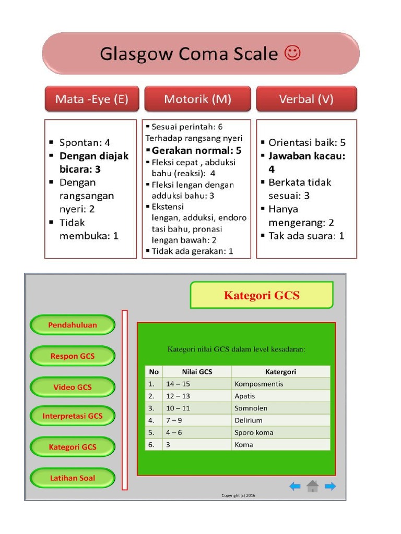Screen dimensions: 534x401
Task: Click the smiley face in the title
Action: coord(292,53)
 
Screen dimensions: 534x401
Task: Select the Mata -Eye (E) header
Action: coord(92,99)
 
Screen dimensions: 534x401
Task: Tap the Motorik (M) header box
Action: coord(197,99)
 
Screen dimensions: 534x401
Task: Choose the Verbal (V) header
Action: coord(306,99)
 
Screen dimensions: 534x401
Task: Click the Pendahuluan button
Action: coord(73,325)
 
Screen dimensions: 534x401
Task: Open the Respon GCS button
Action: coord(73,356)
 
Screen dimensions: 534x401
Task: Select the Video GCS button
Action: coord(73,387)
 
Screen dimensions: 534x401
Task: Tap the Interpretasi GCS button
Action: coord(73,416)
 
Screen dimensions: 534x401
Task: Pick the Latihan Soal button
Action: coord(73,478)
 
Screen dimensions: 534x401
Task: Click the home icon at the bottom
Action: coord(312,487)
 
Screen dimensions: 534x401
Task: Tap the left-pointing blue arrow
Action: coord(295,487)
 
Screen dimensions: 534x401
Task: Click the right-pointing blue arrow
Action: coord(330,487)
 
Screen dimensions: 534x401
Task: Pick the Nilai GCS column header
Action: coord(197,372)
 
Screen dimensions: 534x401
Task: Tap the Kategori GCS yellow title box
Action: coord(262,295)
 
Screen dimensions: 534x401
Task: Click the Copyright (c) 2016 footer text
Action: coord(239,495)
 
